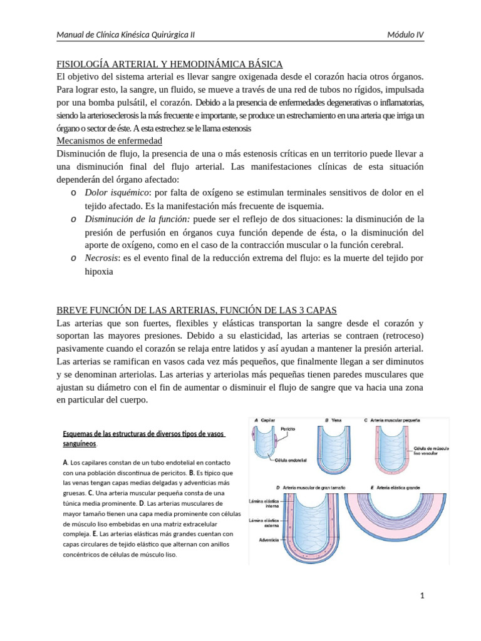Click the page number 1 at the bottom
[423, 596]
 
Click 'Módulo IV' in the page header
[405, 34]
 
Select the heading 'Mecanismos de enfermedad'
[110, 140]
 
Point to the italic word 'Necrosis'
[103, 259]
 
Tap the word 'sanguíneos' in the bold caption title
[80, 443]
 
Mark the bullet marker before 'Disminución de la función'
[73, 219]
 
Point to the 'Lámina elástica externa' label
[264, 523]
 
